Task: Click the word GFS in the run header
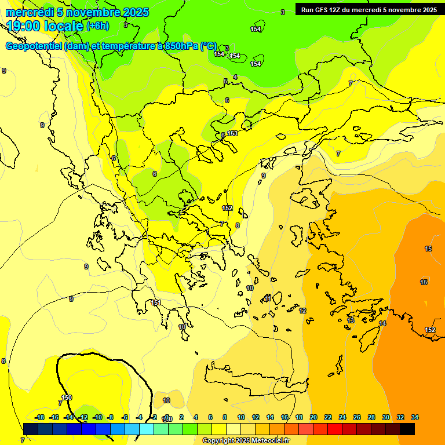pyautogui.click(x=322, y=10)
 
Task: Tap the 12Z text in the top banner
pyautogui.click(x=337, y=10)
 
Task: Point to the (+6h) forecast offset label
pyautogui.click(x=98, y=25)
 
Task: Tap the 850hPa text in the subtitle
pyautogui.click(x=181, y=46)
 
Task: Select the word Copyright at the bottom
pyautogui.click(x=218, y=441)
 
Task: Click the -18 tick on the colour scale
pyautogui.click(x=40, y=417)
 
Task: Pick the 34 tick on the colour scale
pyautogui.click(x=415, y=417)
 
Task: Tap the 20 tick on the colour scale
pyautogui.click(x=313, y=417)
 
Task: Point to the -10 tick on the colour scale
pyautogui.click(x=97, y=417)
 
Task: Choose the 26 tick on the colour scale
pyautogui.click(x=357, y=417)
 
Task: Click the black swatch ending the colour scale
pyautogui.click(x=407, y=429)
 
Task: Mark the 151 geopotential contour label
pyautogui.click(x=156, y=302)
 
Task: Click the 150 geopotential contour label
pyautogui.click(x=67, y=397)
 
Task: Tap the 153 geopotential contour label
pyautogui.click(x=232, y=133)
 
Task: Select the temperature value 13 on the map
pyautogui.click(x=351, y=320)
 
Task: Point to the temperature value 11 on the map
pyautogui.click(x=268, y=297)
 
